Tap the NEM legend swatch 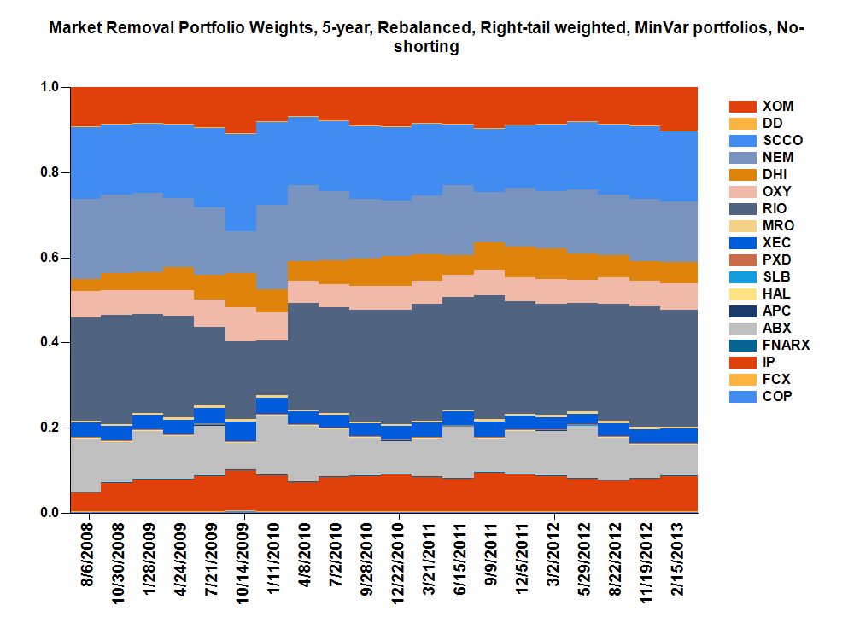(742, 158)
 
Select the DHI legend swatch (742, 175)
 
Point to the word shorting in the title (426, 48)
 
